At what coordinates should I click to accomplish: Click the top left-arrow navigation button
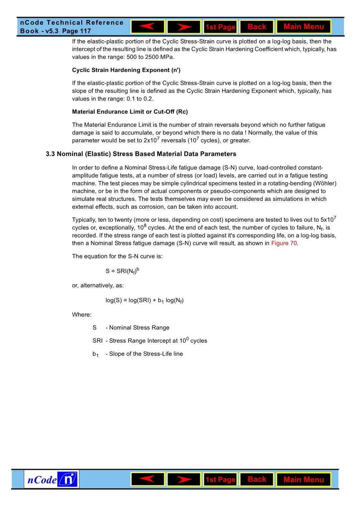pos(147,27)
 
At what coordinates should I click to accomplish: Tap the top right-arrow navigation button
pos(184,27)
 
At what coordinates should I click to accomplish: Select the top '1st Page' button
pos(220,27)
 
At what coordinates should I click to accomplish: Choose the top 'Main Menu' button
pos(304,27)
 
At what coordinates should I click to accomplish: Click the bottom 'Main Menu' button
pos(304,480)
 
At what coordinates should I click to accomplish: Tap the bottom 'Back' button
pos(257,479)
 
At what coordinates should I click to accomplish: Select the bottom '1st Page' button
pos(220,480)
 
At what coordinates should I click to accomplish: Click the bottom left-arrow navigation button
pos(147,479)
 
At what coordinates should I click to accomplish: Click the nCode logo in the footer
pos(51,480)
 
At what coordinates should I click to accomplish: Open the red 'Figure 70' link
pos(284,243)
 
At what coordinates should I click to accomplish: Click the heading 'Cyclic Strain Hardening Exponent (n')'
pos(126,70)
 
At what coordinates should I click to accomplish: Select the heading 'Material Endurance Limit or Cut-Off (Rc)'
pos(130,112)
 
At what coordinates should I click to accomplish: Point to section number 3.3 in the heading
pos(50,154)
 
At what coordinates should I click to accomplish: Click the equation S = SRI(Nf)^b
pos(122,271)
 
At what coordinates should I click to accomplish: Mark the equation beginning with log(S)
pos(144,300)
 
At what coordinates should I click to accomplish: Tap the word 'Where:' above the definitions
pos(82,315)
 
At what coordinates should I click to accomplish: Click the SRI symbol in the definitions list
pos(97,341)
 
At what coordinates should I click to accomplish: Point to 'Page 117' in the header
pos(77,31)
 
